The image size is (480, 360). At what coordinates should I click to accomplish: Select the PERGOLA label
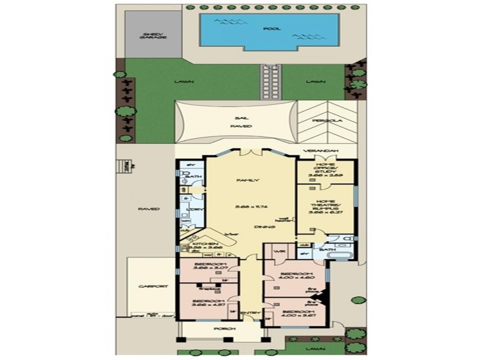[x=326, y=121]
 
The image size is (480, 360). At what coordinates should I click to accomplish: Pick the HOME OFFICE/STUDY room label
[x=326, y=170]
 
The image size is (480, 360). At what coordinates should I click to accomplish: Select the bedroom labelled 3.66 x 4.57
[x=207, y=302]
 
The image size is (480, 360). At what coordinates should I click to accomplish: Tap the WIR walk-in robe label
[x=277, y=252]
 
